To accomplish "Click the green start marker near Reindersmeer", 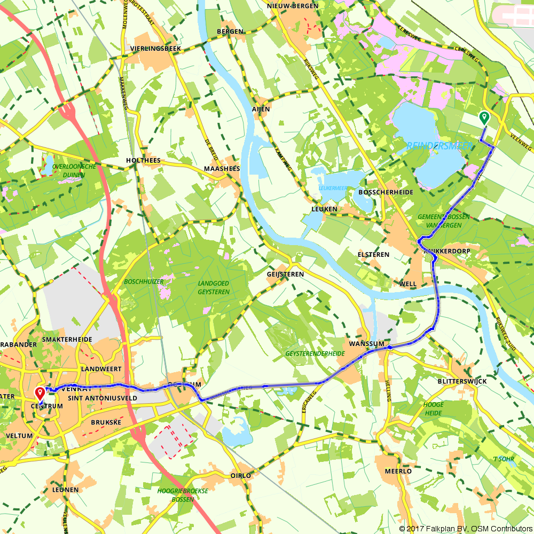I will (x=484, y=117).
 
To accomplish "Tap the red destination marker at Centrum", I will (x=40, y=394).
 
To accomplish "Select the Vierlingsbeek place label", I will (x=156, y=49).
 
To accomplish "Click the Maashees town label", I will (x=222, y=169).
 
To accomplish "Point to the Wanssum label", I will (x=364, y=344).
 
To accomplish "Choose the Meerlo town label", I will (x=398, y=472).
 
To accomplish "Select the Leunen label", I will (x=66, y=490).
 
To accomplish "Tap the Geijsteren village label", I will (x=285, y=274).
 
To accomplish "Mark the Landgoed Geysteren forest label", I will (x=214, y=288).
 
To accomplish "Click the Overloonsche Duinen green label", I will (x=75, y=170).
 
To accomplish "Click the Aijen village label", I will (x=261, y=108).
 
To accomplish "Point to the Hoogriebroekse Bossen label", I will (x=183, y=494).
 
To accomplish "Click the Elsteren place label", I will (x=374, y=255).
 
